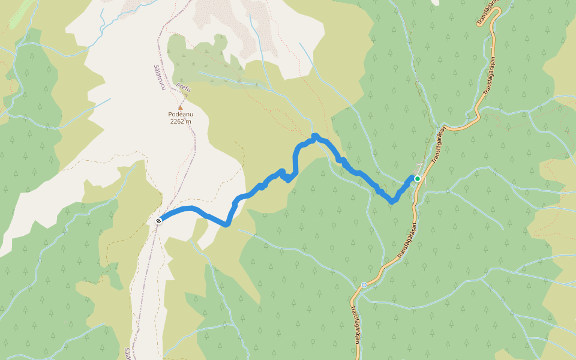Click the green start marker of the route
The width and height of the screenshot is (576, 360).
pyautogui.click(x=417, y=178)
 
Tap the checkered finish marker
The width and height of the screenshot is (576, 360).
pyautogui.click(x=158, y=221)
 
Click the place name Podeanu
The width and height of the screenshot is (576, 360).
pyautogui.click(x=180, y=114)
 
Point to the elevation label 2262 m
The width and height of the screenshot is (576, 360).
pyautogui.click(x=180, y=121)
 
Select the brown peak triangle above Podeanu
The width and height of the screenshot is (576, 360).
pyautogui.click(x=180, y=107)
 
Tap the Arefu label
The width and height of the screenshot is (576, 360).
pyautogui.click(x=183, y=88)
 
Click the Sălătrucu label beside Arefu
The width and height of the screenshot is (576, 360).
pyautogui.click(x=160, y=77)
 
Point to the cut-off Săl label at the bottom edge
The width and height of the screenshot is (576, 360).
pyautogui.click(x=127, y=352)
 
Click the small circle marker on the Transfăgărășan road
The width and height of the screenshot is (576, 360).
pyautogui.click(x=364, y=284)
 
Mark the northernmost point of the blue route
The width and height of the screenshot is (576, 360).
pyautogui.click(x=314, y=136)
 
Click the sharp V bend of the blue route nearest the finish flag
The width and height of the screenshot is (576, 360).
pyautogui.click(x=226, y=225)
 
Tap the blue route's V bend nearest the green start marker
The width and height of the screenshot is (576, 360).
pyautogui.click(x=392, y=202)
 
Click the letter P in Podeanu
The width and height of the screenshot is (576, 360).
pyautogui.click(x=170, y=114)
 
